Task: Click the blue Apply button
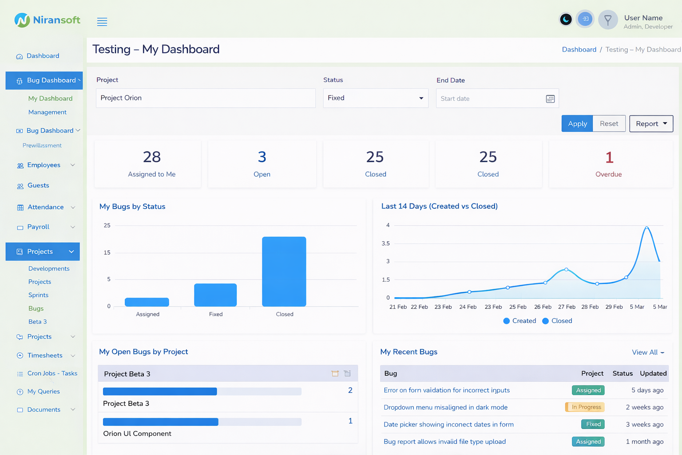(x=577, y=124)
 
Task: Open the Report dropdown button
(x=651, y=124)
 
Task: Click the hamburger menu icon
(x=102, y=22)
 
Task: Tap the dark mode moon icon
(x=566, y=20)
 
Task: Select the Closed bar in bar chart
(x=284, y=271)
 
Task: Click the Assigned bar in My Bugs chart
(x=147, y=302)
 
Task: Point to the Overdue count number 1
(x=609, y=157)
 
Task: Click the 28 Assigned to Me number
(x=152, y=157)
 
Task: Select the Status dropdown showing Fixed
(x=375, y=98)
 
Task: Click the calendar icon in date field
(x=550, y=99)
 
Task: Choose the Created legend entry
(x=519, y=321)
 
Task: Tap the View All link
(x=648, y=352)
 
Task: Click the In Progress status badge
(x=585, y=407)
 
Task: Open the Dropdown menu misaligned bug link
(x=445, y=407)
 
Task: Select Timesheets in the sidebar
(x=45, y=355)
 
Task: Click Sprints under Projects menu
(x=39, y=295)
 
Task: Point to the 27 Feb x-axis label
(x=567, y=307)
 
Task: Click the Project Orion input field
(x=206, y=98)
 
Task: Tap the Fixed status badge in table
(x=593, y=424)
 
